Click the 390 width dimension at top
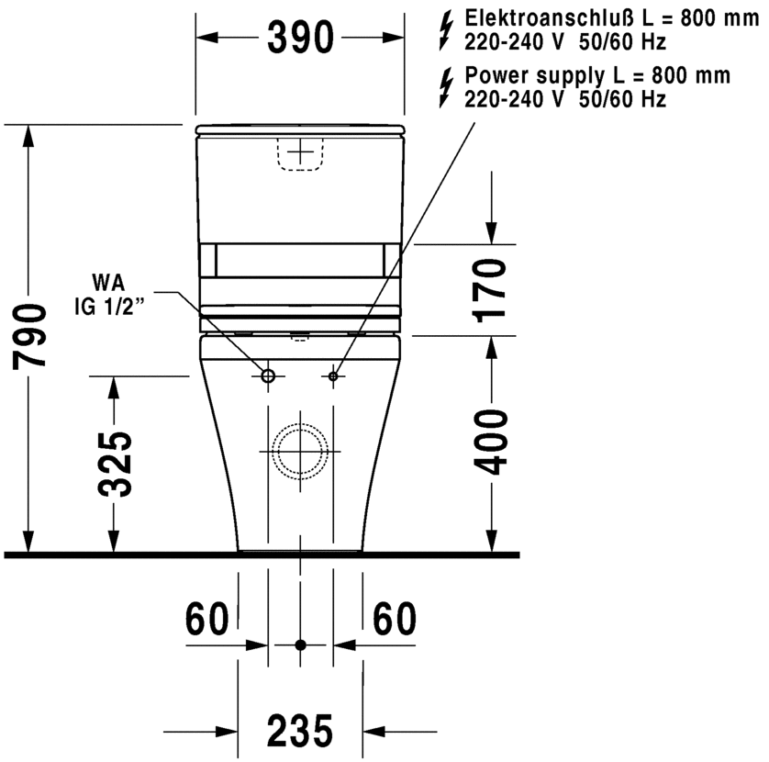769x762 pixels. pos(299,37)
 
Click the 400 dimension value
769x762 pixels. pos(493,443)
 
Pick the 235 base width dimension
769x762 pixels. pos(299,732)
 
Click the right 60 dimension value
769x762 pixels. pos(393,620)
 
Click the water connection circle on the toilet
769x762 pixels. pos(268,375)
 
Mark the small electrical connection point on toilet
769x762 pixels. pos(333,375)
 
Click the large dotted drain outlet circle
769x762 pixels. pos(300,452)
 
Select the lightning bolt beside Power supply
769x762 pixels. pos(447,85)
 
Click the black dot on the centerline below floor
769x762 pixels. pos(300,645)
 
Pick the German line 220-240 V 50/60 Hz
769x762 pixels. pos(564,42)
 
